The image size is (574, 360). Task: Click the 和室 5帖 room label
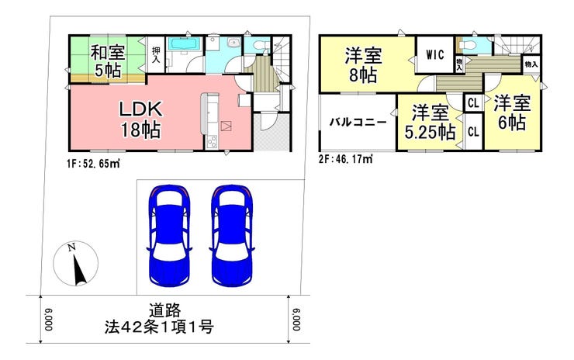click(x=108, y=61)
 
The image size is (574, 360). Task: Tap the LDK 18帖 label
click(x=141, y=119)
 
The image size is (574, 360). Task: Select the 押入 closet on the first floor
click(x=156, y=55)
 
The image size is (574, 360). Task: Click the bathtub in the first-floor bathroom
click(x=185, y=44)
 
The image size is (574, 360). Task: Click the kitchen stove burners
click(x=212, y=140)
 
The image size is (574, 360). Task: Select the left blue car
click(x=169, y=235)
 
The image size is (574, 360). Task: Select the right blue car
click(x=232, y=235)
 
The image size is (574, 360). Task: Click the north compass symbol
click(x=76, y=264)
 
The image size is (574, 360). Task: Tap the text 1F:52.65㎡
click(x=93, y=164)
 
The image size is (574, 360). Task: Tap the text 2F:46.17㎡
click(x=346, y=159)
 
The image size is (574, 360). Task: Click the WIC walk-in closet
click(x=435, y=55)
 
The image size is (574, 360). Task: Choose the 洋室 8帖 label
click(x=363, y=65)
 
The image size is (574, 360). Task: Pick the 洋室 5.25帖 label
click(x=430, y=123)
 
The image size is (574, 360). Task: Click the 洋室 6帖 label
click(x=512, y=112)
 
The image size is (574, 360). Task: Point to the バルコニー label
click(x=358, y=122)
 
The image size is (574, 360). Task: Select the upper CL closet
click(x=473, y=103)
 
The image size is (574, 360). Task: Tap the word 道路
click(x=164, y=311)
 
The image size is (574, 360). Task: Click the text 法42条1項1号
click(x=159, y=327)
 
